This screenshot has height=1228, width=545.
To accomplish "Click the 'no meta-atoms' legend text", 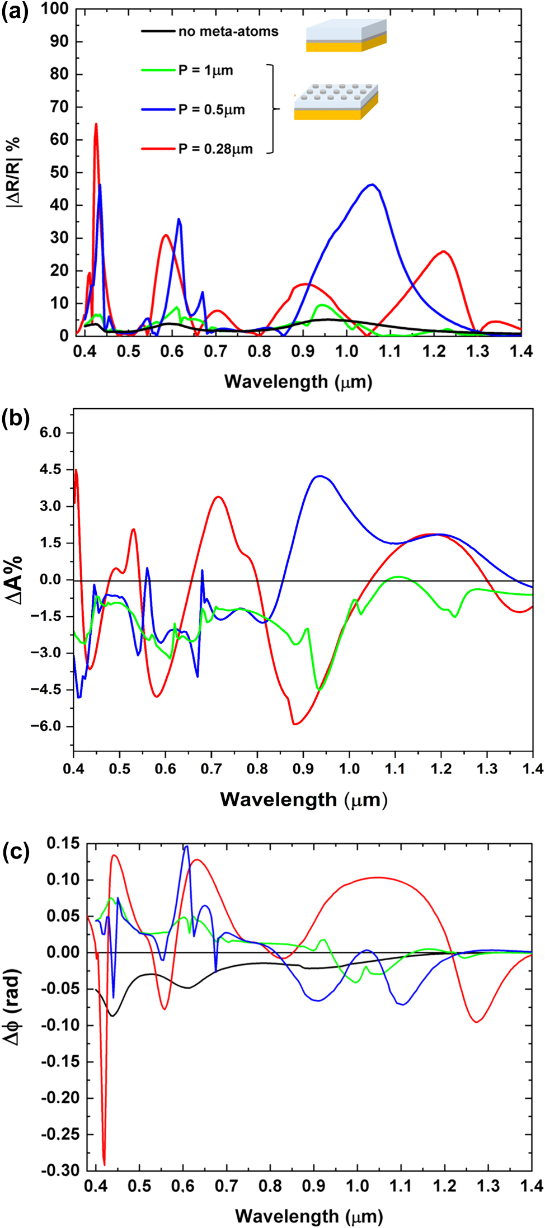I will click(228, 31).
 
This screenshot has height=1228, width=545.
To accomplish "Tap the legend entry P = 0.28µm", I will click(215, 149).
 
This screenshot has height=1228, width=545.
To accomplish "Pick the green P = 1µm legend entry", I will click(205, 70).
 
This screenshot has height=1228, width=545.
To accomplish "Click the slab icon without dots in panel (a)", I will click(346, 36).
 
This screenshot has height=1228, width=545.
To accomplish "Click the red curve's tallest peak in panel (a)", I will click(96, 124).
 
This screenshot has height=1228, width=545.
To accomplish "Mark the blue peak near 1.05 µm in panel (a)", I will click(372, 185).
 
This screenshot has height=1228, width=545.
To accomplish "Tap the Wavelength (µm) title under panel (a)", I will click(298, 382).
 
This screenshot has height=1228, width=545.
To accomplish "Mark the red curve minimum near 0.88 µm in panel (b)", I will click(294, 724).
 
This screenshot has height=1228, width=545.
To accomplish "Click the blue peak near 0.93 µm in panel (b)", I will click(320, 476).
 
